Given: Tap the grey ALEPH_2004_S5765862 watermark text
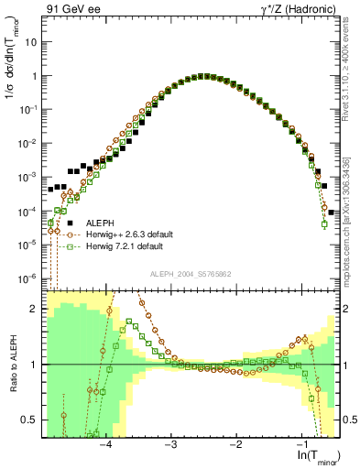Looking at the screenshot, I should (x=191, y=274).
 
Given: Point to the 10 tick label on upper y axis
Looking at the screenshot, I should (x=32, y=42).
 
